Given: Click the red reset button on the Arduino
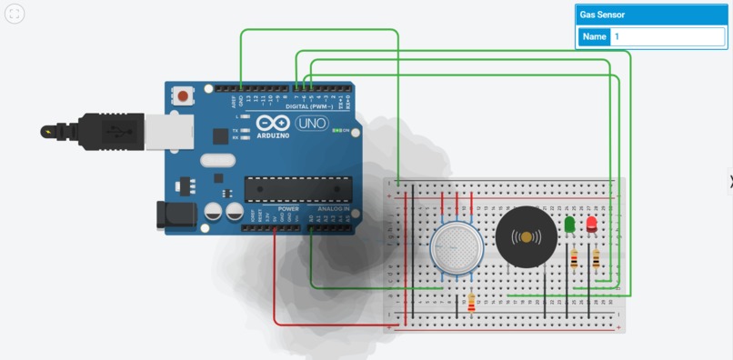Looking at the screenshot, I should point(186,95).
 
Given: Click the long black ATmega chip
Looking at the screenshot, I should point(297,188).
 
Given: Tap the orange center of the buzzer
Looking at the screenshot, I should point(526,237).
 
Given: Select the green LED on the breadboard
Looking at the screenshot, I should point(570,224).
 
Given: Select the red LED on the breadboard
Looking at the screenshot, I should point(592,224).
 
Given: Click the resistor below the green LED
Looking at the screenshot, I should point(574,261).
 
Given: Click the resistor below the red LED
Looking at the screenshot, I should point(596,261).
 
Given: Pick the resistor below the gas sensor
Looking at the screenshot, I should point(470,303).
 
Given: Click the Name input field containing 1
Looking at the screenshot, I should point(668,37).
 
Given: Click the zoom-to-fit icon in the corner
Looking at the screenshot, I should point(15,15).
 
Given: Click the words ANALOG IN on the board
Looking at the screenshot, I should point(334,209).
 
